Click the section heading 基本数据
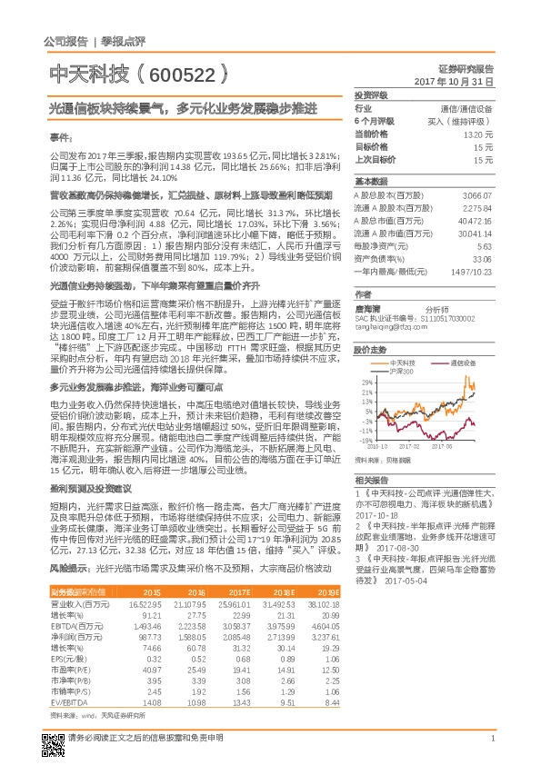point(372,182)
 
